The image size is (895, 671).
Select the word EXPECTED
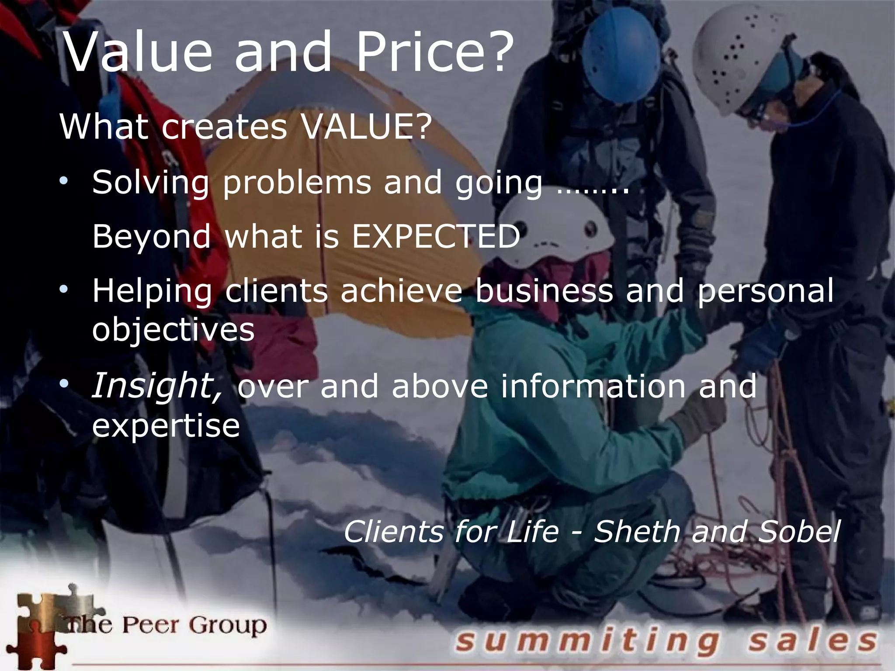[x=436, y=236]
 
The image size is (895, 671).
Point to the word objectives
[x=173, y=329]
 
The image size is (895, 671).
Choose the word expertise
[x=166, y=425]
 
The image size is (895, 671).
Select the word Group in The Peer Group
[x=228, y=625]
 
